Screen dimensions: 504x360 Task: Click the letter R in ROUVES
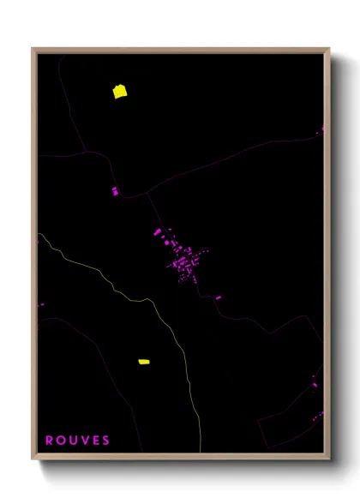(x=50, y=441)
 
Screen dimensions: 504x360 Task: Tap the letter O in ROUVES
(x=61, y=441)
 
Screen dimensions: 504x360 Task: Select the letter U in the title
(x=73, y=441)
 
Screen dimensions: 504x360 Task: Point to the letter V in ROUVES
(x=84, y=441)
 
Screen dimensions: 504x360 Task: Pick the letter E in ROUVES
(x=95, y=441)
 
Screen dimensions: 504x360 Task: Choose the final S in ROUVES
(x=105, y=441)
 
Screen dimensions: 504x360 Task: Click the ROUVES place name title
(x=77, y=441)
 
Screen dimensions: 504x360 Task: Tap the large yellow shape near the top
(x=120, y=91)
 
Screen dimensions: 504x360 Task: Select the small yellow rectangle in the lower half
(x=144, y=362)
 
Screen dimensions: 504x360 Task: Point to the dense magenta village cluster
(x=184, y=261)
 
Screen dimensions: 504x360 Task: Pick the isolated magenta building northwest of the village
(x=115, y=191)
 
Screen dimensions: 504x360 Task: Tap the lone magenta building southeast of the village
(x=218, y=297)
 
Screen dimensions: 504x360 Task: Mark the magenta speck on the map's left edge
(x=41, y=303)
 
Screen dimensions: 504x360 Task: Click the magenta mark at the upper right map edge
(x=323, y=129)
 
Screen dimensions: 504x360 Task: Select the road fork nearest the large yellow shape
(x=87, y=152)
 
